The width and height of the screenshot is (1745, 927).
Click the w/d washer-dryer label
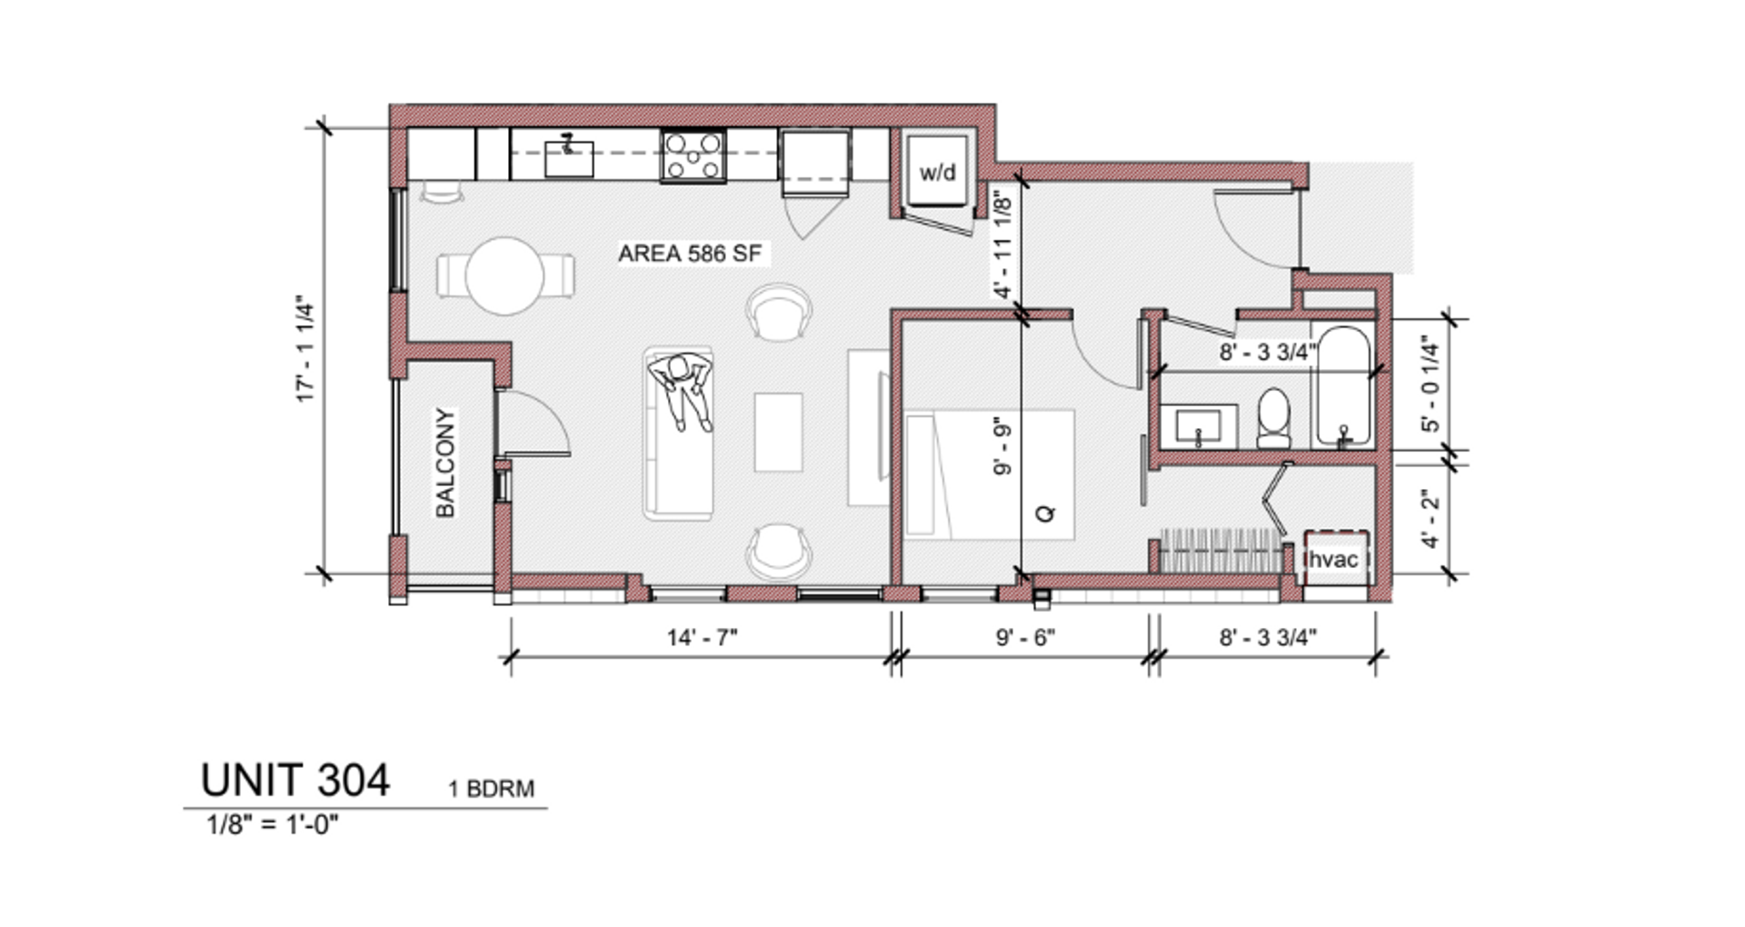937,172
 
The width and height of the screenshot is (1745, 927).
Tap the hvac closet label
1332,559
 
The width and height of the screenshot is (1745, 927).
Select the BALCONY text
444,463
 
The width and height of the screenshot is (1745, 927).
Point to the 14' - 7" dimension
702,637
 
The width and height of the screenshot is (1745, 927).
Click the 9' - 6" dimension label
1025,637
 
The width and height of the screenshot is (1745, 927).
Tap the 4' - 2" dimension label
1431,519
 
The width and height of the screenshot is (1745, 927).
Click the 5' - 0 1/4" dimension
1431,384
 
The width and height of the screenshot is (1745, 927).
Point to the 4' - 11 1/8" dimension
1002,244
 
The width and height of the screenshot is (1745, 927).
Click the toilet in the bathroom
1273,418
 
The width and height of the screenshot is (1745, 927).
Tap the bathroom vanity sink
1198,425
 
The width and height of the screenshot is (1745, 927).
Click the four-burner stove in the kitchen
693,155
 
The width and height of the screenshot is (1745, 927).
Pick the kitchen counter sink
569,157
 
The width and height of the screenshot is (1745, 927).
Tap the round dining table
504,275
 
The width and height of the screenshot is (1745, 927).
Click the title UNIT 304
295,780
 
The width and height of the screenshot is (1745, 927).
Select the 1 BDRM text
491,789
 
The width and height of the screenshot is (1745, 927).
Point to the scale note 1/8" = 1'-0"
273,825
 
